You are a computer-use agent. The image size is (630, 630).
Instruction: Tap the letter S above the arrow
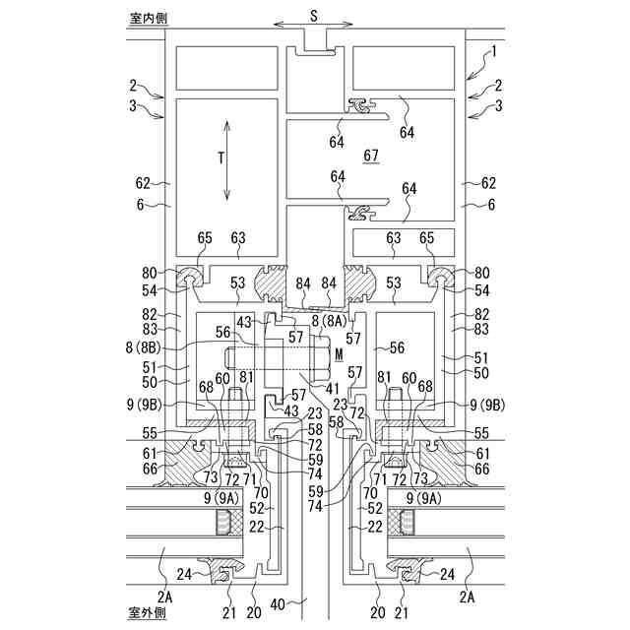point(314,14)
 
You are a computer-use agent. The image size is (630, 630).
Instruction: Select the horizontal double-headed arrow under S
point(314,28)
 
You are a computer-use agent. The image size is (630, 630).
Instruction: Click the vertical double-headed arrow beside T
point(228,160)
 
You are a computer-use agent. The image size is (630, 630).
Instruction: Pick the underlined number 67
point(371,156)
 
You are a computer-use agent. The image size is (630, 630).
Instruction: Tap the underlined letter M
point(339,352)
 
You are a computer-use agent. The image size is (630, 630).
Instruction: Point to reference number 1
point(495,49)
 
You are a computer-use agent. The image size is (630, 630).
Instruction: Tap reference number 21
point(229,612)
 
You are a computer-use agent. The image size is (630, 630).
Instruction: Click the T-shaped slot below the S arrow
point(314,45)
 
